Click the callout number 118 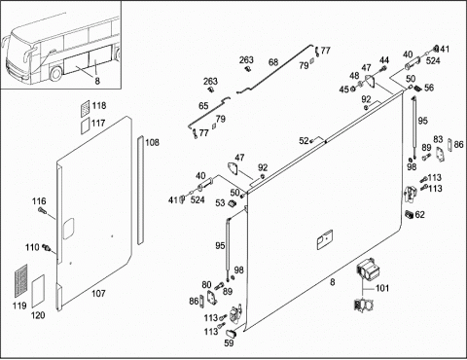[99, 106]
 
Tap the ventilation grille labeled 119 [21, 281]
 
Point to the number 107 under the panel [98, 294]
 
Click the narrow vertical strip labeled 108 [140, 190]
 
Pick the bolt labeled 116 [41, 210]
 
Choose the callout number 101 [382, 288]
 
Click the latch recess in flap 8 [325, 239]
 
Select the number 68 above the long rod [273, 62]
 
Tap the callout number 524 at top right [433, 60]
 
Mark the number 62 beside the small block [419, 215]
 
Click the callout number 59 [229, 342]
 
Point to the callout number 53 [220, 203]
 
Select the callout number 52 [304, 141]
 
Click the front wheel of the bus [55, 74]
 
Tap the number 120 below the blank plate [38, 315]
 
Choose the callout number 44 [384, 60]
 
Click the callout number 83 [438, 139]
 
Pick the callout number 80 [206, 285]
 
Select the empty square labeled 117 [85, 126]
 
